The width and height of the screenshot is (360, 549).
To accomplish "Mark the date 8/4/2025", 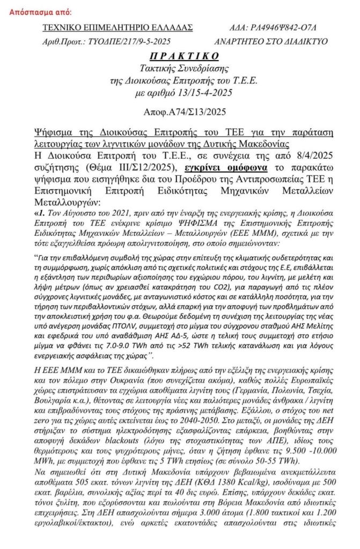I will (x=314, y=156).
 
